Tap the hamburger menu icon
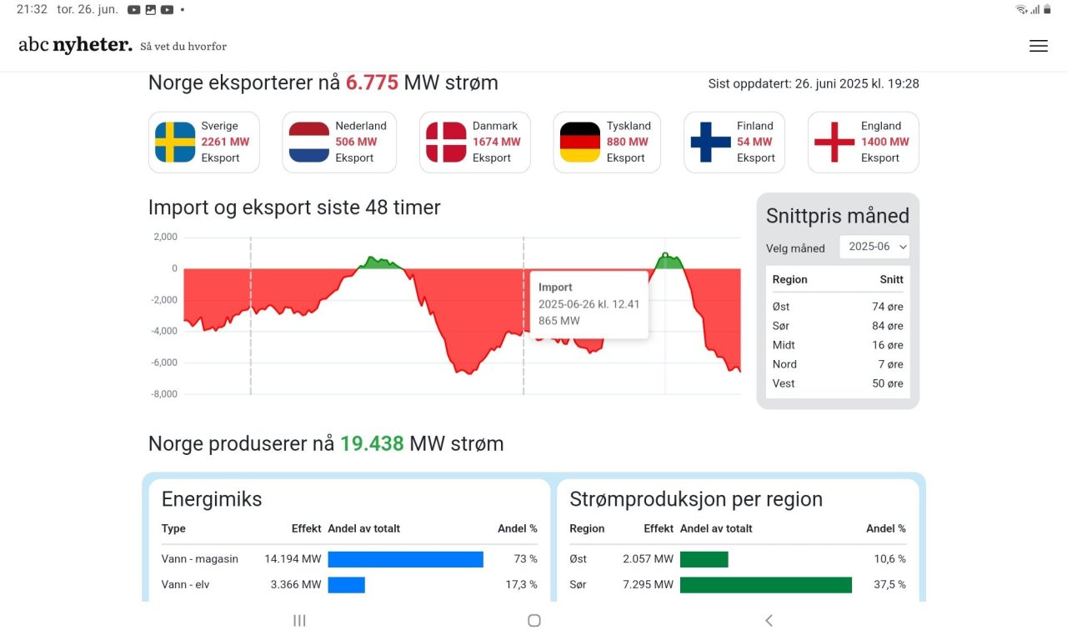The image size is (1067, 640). [x=1038, y=47]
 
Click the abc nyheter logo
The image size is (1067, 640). [x=75, y=45]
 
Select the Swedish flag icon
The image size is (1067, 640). [x=175, y=142]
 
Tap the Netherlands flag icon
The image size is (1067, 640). [x=309, y=142]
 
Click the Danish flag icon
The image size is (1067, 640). [x=446, y=142]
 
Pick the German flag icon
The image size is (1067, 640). [x=580, y=142]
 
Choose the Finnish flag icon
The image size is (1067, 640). [x=710, y=142]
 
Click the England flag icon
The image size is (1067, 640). [x=834, y=142]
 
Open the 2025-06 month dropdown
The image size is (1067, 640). [x=874, y=247]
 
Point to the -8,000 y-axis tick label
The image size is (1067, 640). [x=163, y=394]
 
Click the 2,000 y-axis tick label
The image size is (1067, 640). [x=165, y=237]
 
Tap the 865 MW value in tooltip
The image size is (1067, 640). [x=559, y=321]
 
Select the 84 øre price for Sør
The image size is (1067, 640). [x=887, y=326]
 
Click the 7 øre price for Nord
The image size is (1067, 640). [x=890, y=364]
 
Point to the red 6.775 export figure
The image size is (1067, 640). [x=372, y=83]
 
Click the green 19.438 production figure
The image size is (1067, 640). [x=372, y=443]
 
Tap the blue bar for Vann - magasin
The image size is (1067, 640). [x=405, y=559]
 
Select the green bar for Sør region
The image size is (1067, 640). [x=765, y=585]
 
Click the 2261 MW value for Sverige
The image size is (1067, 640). [x=225, y=142]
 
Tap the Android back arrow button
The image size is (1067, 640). [x=769, y=620]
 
